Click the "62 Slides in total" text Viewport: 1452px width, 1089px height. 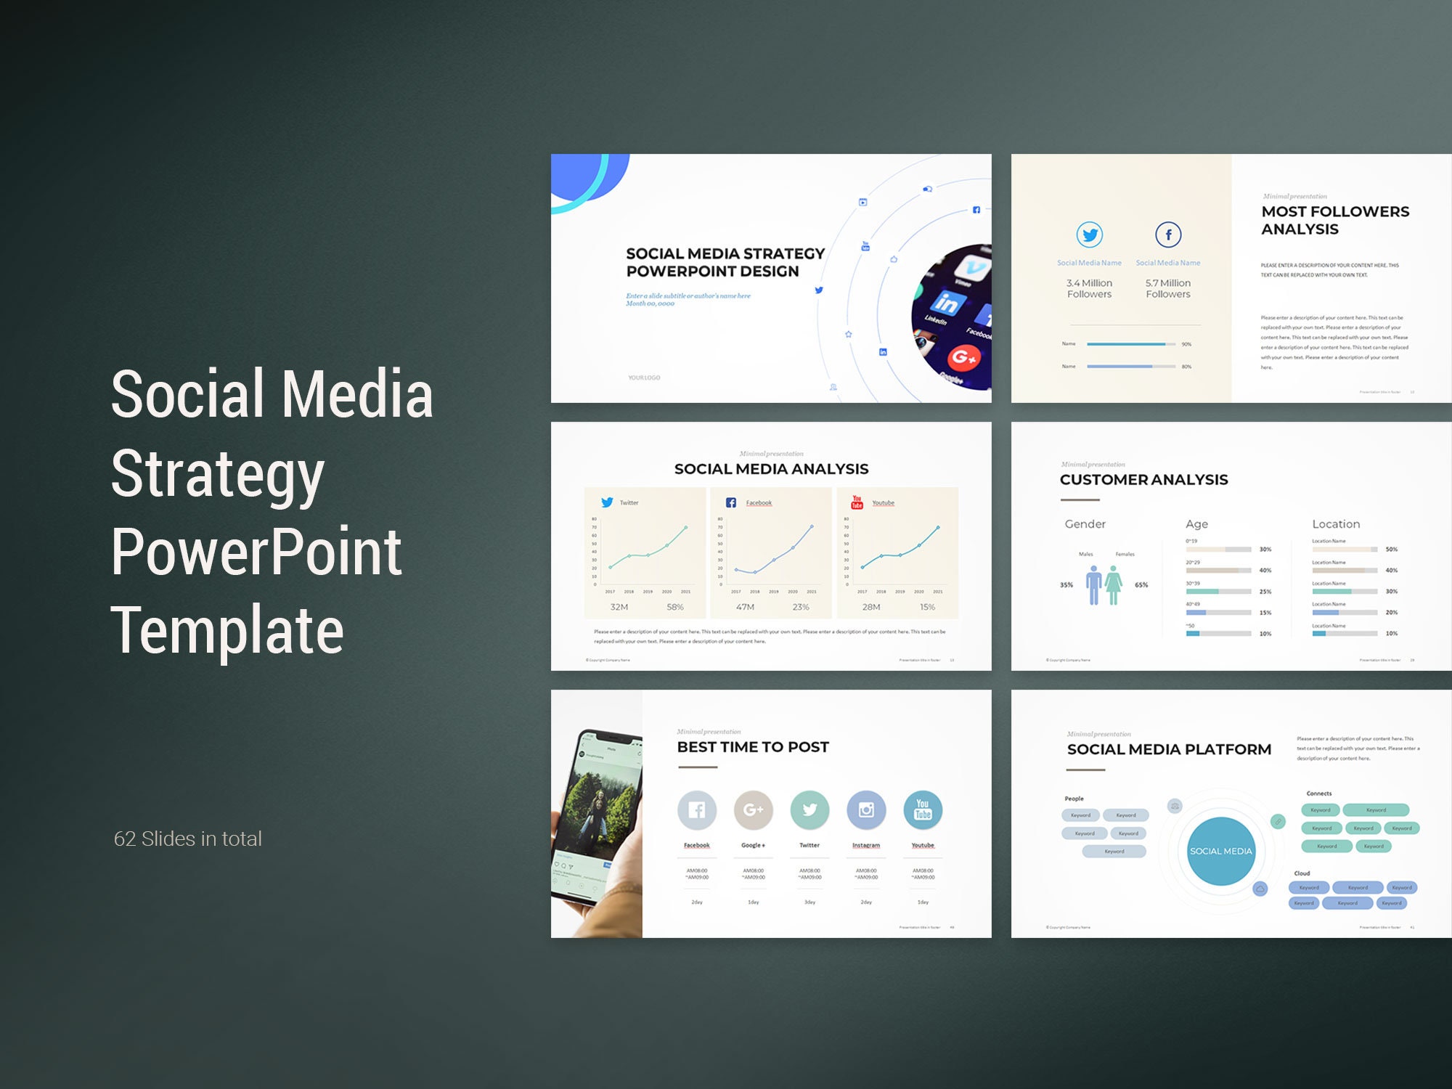click(187, 839)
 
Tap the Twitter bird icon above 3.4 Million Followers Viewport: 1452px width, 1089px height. click(1089, 234)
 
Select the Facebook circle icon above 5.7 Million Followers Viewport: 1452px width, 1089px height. click(1168, 234)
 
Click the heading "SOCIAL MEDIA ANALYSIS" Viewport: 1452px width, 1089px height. click(771, 469)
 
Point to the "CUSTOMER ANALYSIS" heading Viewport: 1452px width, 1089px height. click(1143, 479)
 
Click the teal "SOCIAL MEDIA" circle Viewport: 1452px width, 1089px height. click(1220, 851)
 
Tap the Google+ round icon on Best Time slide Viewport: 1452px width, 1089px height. click(753, 809)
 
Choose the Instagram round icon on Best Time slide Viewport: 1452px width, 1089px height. click(866, 809)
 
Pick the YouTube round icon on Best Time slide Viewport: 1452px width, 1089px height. click(923, 809)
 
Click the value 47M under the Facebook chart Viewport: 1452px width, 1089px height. click(745, 607)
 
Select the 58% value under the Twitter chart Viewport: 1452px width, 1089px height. click(675, 607)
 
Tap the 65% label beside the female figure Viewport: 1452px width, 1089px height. click(1141, 585)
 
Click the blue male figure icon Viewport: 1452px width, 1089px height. click(1093, 585)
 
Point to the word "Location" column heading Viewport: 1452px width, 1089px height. click(1336, 524)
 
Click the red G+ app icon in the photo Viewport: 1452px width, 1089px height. click(964, 356)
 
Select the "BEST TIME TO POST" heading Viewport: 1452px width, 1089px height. click(753, 747)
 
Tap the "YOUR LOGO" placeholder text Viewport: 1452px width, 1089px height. click(644, 378)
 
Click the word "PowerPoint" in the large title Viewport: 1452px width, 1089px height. click(256, 552)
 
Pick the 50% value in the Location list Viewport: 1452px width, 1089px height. click(1391, 550)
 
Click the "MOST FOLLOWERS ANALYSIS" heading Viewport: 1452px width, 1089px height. click(1335, 220)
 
